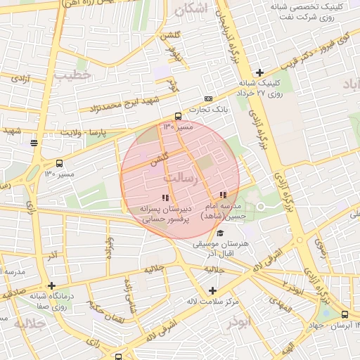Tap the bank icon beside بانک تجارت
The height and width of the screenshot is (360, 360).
tap(208, 98)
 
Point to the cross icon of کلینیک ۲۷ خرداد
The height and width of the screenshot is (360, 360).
tap(259, 72)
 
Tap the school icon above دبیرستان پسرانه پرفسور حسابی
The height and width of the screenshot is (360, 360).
tap(165, 198)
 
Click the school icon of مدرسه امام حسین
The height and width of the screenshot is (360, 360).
tap(223, 195)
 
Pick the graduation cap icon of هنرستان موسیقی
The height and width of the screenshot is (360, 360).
tap(220, 233)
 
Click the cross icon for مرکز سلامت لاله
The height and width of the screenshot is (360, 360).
tap(213, 290)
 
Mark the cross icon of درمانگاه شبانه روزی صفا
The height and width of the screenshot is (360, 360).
tap(52, 286)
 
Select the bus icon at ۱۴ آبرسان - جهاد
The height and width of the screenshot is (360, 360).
tap(345, 314)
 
